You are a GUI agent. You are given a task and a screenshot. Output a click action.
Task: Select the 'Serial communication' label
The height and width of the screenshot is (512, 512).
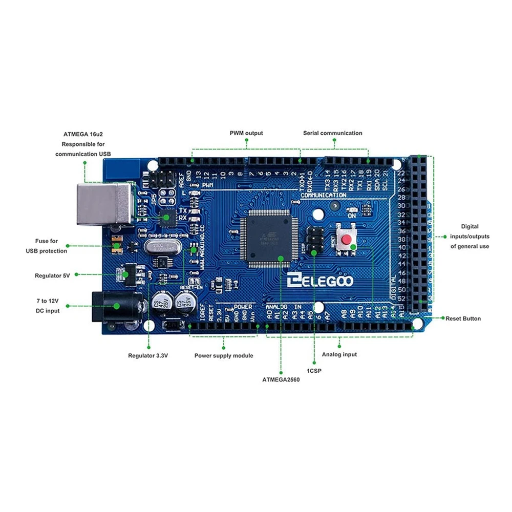(x=332, y=133)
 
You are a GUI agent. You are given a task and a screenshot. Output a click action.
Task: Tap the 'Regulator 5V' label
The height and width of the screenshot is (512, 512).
(x=52, y=275)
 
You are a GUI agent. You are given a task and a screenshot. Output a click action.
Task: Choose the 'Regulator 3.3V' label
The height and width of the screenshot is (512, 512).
(x=148, y=355)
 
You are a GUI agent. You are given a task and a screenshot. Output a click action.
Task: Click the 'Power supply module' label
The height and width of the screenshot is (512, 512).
(x=224, y=355)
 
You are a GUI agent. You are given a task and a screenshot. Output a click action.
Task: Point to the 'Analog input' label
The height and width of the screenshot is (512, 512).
(x=339, y=354)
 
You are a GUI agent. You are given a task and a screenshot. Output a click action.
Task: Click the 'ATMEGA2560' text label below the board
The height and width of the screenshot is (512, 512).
(x=281, y=379)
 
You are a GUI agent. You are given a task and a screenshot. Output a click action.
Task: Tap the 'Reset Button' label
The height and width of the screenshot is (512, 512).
(x=463, y=318)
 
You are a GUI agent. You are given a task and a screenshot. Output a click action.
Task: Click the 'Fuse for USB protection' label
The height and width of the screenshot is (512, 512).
(x=47, y=246)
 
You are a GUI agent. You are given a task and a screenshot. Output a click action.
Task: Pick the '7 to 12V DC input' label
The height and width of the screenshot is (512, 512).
(x=47, y=306)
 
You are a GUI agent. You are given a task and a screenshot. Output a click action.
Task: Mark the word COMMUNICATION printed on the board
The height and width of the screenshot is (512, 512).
(x=323, y=196)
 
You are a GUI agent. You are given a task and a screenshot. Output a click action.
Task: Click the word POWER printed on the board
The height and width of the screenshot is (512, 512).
(x=243, y=307)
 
